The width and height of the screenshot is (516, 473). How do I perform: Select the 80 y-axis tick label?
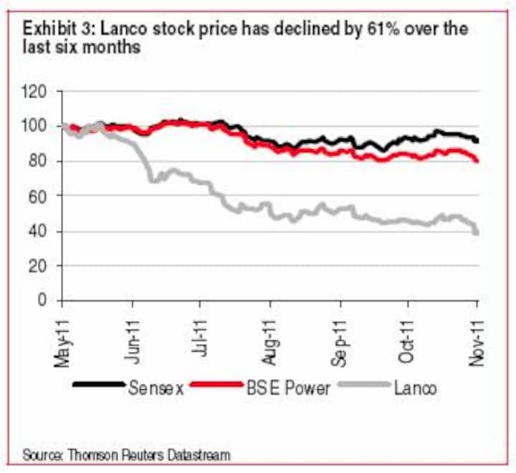(x=37, y=161)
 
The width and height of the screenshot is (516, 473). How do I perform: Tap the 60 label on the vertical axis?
(x=37, y=196)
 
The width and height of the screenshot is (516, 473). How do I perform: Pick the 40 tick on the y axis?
(x=37, y=231)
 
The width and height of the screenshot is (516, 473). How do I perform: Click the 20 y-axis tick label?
(x=37, y=265)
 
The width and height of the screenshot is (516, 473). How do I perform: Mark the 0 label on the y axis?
(x=42, y=300)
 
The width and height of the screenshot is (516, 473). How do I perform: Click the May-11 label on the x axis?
(x=63, y=337)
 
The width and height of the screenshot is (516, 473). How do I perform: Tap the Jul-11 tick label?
(x=201, y=333)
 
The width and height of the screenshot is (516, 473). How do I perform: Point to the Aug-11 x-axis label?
(x=271, y=335)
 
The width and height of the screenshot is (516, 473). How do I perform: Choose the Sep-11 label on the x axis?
(x=340, y=335)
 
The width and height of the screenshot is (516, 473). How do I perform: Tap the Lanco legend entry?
(x=414, y=388)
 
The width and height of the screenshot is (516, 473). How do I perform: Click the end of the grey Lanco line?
(x=477, y=231)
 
